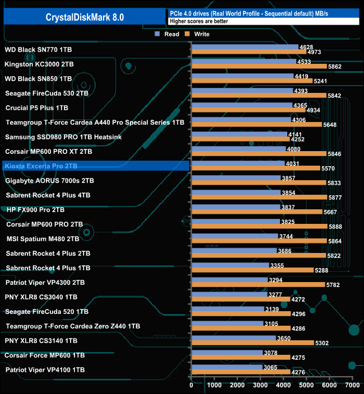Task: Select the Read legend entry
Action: click(x=168, y=34)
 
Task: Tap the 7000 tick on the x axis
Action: click(x=352, y=385)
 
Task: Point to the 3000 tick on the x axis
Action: click(x=260, y=385)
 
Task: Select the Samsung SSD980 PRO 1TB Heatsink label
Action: click(x=63, y=137)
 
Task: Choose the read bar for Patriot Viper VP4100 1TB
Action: click(x=227, y=367)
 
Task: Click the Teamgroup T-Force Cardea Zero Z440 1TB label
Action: click(x=73, y=326)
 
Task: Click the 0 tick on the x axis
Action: click(x=192, y=385)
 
